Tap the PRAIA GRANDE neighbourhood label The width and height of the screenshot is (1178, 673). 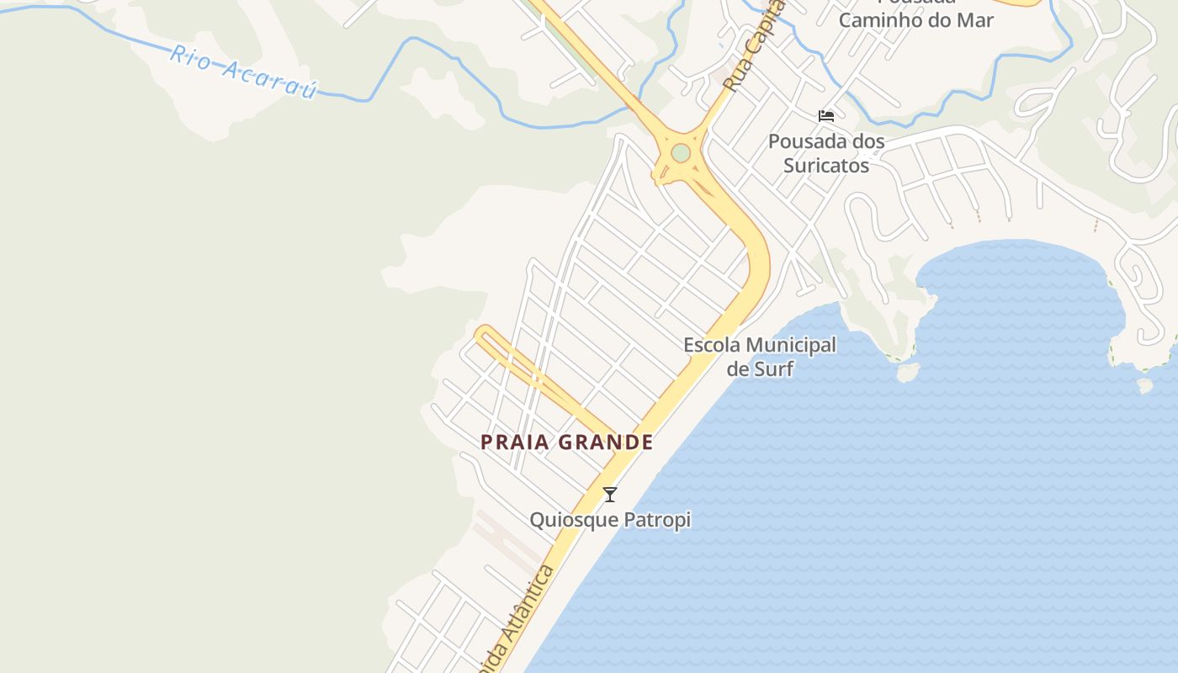tap(567, 442)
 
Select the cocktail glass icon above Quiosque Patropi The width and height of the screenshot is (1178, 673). tap(610, 495)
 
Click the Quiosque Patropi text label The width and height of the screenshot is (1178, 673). tap(610, 520)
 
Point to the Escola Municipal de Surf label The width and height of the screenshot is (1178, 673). tap(760, 356)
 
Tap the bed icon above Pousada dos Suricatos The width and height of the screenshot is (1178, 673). tap(826, 116)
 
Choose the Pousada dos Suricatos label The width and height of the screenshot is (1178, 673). tap(826, 153)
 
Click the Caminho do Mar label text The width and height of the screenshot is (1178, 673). tap(916, 19)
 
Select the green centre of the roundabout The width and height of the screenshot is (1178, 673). tap(681, 153)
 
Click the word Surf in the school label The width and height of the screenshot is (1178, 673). tap(772, 368)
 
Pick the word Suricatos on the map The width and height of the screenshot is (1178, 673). tap(826, 165)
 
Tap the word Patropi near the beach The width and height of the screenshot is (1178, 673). tap(655, 520)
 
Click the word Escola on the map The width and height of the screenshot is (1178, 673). tap(712, 345)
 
